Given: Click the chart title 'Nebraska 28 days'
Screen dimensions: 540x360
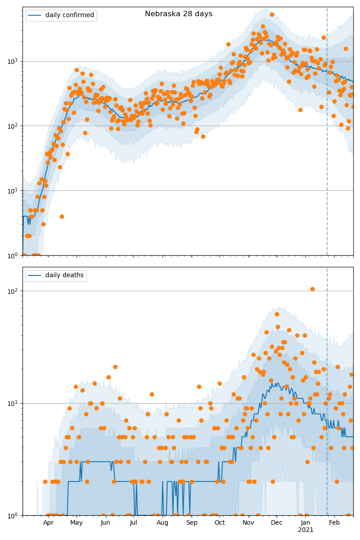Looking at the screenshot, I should [179, 14].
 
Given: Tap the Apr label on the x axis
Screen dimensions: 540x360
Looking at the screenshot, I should [48, 523].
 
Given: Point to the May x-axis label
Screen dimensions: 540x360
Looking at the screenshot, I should [76, 523].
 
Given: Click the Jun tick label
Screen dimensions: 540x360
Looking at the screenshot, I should [105, 523].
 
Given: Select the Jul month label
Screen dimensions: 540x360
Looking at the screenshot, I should [134, 523].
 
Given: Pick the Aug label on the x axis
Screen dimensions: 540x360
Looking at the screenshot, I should [162, 523].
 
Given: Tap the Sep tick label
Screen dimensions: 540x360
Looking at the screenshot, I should [192, 523].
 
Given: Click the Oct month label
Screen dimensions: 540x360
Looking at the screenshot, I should [220, 523].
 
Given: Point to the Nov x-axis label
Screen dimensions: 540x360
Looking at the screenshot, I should [248, 523].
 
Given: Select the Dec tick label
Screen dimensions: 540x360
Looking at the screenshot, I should [277, 523].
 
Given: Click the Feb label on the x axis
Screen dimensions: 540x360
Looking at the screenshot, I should [334, 523].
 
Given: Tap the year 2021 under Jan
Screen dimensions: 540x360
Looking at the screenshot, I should [306, 530].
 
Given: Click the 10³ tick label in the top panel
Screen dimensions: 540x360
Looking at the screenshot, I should [13, 61].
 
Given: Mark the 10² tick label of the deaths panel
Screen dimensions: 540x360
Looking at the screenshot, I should [13, 291].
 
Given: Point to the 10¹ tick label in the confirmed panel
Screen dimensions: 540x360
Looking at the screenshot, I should [13, 190].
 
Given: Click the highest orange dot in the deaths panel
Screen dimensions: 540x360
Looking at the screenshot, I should [312, 289].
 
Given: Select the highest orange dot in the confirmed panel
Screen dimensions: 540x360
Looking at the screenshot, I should [272, 14].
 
